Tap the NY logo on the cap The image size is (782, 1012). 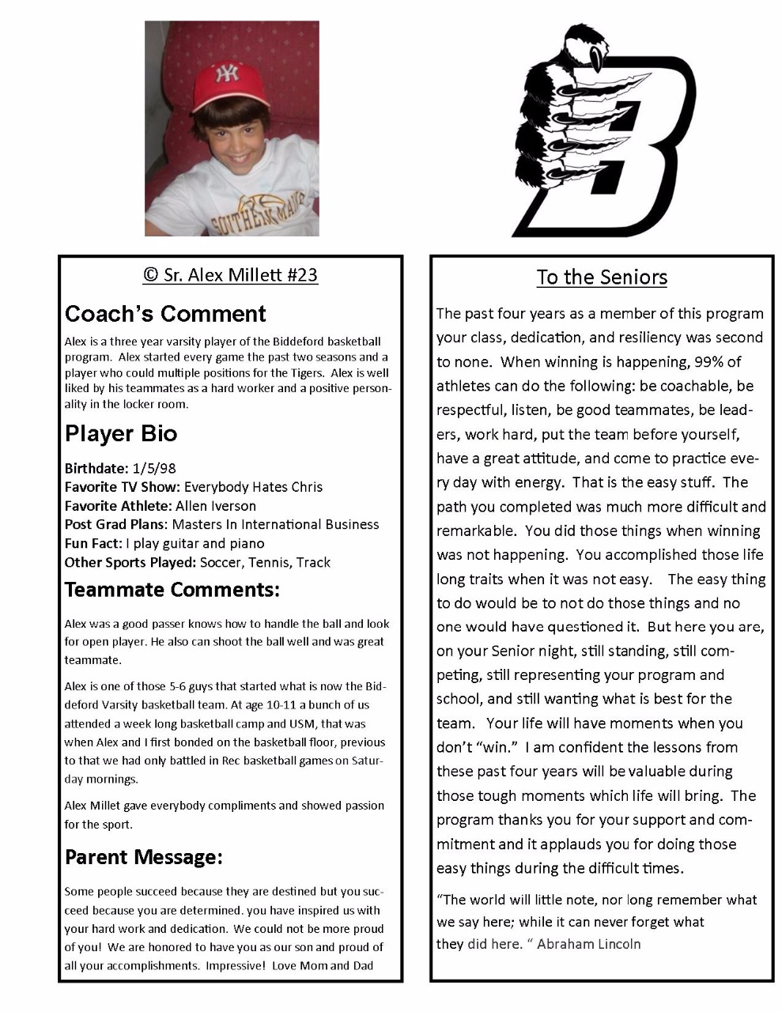click(x=228, y=74)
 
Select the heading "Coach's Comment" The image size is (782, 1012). click(x=165, y=314)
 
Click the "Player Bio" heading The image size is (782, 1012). click(x=121, y=433)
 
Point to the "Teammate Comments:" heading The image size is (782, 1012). click(x=172, y=590)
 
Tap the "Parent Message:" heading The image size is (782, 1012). click(x=144, y=857)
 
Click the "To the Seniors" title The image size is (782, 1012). click(x=602, y=278)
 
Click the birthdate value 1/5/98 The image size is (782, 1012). click(x=154, y=468)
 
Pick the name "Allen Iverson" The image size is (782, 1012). click(x=215, y=506)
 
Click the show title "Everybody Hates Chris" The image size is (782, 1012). click(x=253, y=487)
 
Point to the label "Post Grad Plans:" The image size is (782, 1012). click(x=115, y=525)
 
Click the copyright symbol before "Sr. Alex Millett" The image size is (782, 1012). click(x=150, y=275)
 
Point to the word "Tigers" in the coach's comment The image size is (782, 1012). click(x=308, y=373)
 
